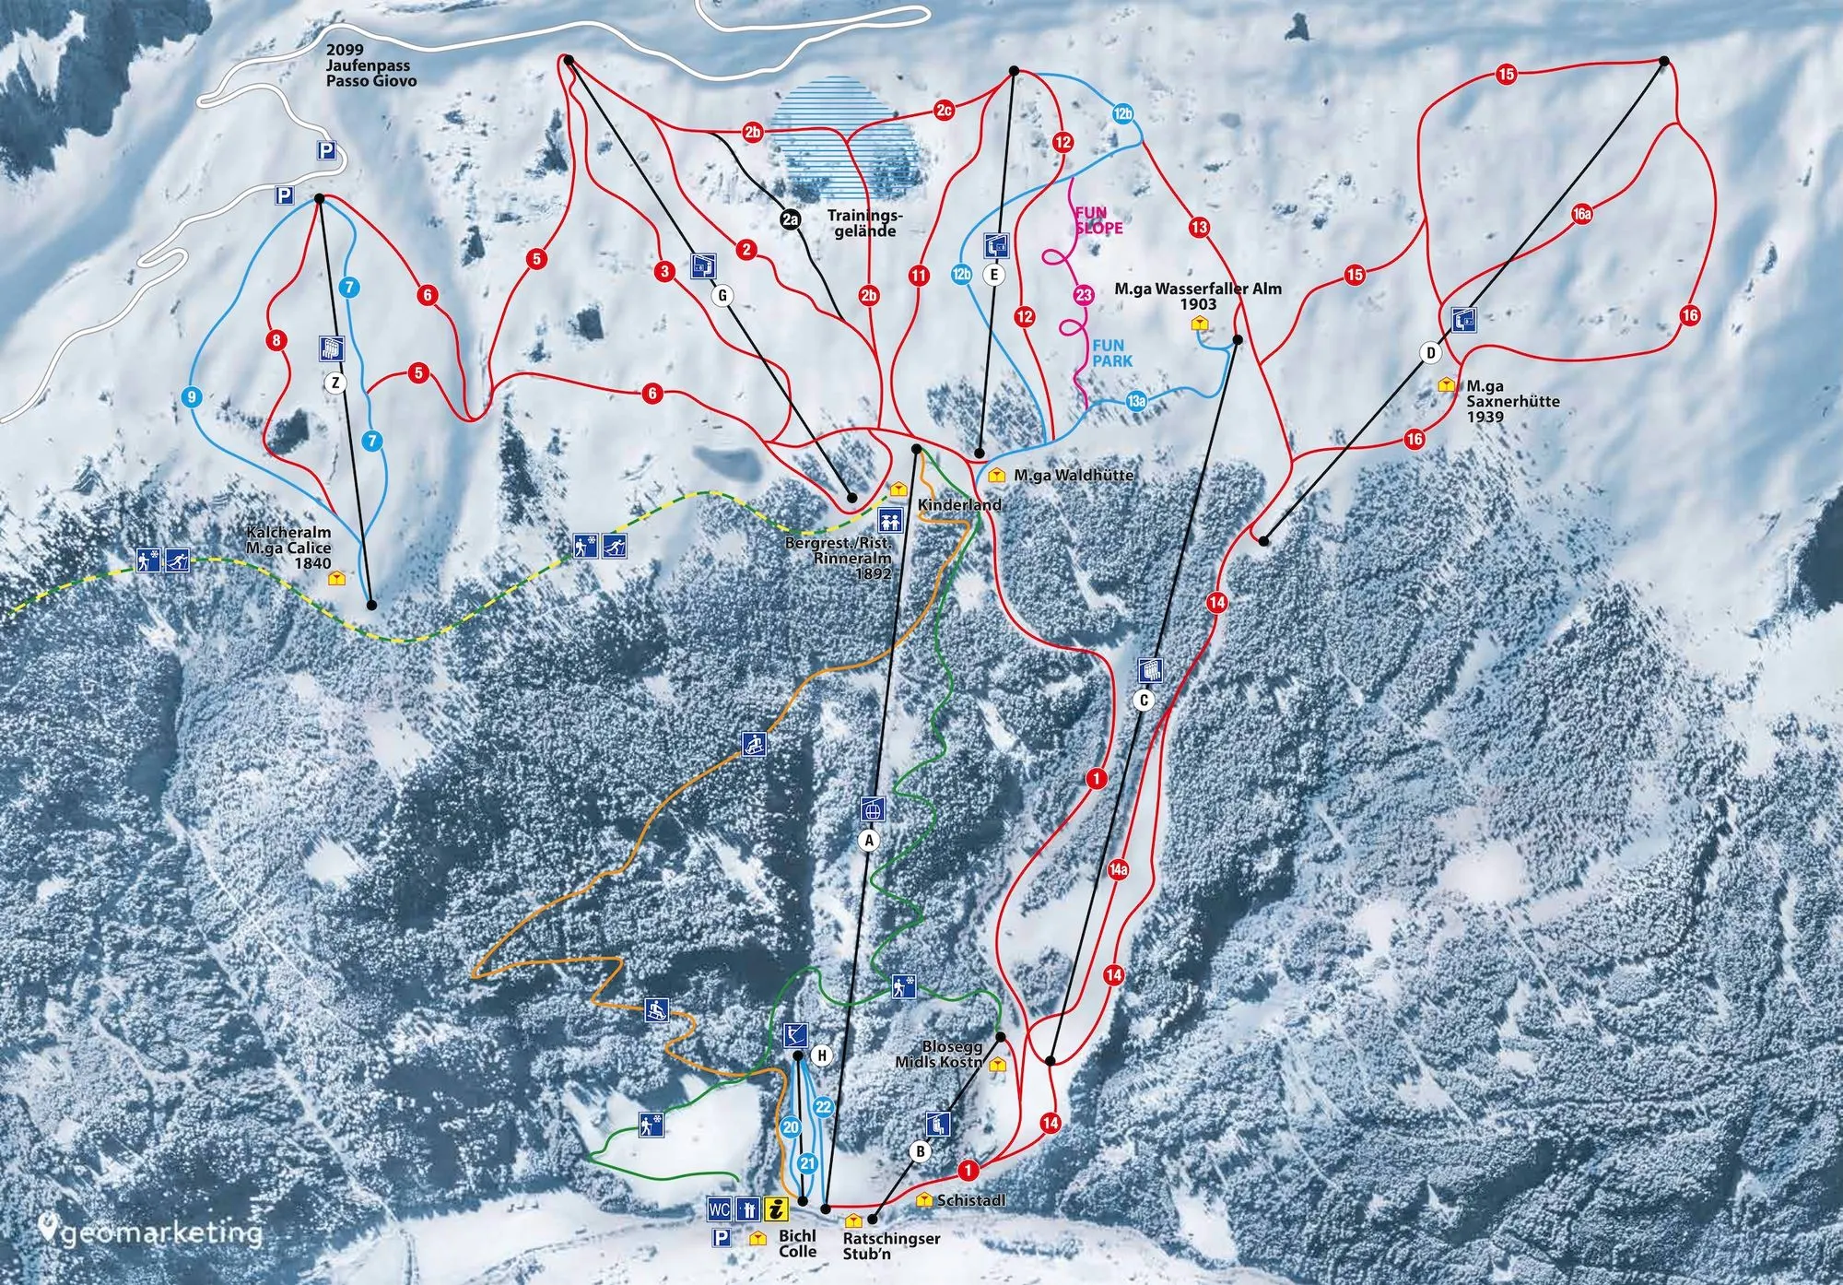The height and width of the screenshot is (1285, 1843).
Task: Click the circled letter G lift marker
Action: pyautogui.click(x=723, y=296)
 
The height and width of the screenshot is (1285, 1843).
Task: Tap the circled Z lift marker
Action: pyautogui.click(x=335, y=383)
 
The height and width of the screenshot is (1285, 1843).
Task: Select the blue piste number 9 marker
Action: pyautogui.click(x=192, y=398)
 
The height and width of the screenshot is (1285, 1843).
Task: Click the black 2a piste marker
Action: pyautogui.click(x=790, y=219)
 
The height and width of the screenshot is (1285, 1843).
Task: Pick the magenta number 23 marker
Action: pyautogui.click(x=1084, y=295)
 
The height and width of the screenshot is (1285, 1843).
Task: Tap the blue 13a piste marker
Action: pyautogui.click(x=1136, y=401)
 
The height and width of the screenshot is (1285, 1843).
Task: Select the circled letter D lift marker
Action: pyautogui.click(x=1430, y=353)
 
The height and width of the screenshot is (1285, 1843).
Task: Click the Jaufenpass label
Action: pyautogui.click(x=369, y=66)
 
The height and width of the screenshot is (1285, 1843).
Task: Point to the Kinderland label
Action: pyautogui.click(x=958, y=505)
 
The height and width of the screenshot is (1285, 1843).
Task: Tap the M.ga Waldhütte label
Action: pyautogui.click(x=1073, y=476)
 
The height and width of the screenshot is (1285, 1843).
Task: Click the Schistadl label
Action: pyautogui.click(x=969, y=1201)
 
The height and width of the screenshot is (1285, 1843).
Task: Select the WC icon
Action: pyautogui.click(x=720, y=1208)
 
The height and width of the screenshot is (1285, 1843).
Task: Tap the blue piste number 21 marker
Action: pyautogui.click(x=807, y=1164)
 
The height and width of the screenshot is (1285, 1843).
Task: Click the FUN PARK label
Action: pyautogui.click(x=1111, y=354)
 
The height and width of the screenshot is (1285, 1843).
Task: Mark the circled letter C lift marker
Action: pyautogui.click(x=1144, y=701)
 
